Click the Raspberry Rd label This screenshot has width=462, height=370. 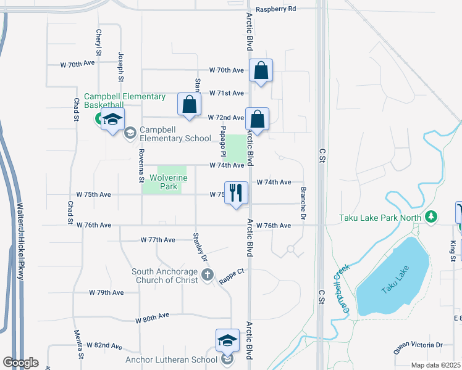coord(276,9)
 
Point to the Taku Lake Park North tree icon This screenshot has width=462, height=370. coord(432,217)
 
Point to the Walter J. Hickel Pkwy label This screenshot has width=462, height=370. coord(20,242)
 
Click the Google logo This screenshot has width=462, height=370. coord(20,363)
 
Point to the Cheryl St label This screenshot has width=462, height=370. coord(98,42)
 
